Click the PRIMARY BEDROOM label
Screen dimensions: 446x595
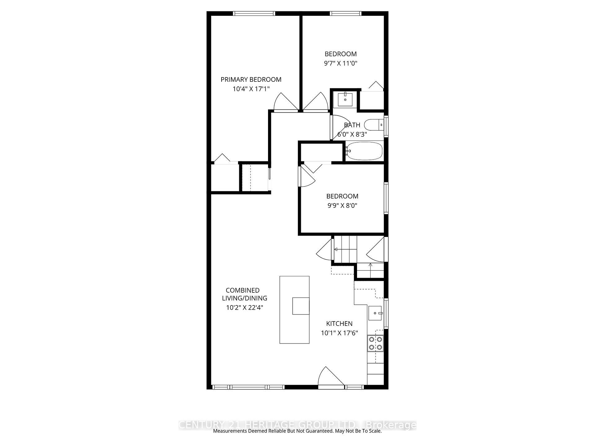251,80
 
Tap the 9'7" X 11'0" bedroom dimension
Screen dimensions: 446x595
341,63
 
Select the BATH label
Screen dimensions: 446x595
352,125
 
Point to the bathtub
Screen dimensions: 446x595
364,151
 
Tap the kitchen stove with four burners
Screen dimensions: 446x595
375,343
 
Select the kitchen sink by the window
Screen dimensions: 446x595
375,313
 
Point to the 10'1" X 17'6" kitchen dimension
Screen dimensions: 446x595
339,333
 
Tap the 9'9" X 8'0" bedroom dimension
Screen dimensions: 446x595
342,206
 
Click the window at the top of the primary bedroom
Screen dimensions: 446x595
254,13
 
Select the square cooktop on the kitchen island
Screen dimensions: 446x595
301,306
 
